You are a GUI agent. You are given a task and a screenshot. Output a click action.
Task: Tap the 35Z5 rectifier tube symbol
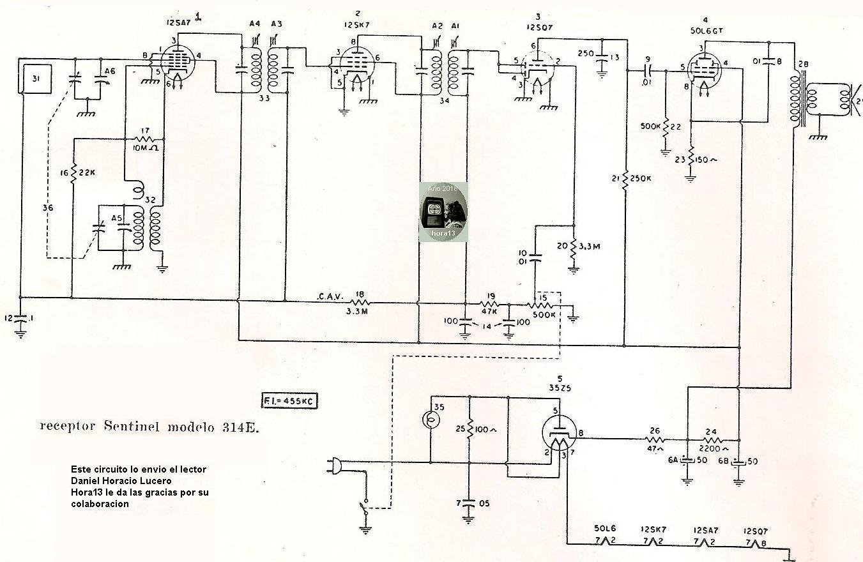pos(559,436)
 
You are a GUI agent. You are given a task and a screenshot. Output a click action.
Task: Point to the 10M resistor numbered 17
pos(144,139)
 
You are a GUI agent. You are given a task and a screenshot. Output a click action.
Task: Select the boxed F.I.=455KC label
pos(289,400)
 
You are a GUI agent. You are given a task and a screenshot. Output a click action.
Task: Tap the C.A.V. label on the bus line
pos(330,296)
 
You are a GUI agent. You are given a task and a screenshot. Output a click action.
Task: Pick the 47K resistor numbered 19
pos(491,304)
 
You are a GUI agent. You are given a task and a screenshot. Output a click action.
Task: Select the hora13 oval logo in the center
pos(443,212)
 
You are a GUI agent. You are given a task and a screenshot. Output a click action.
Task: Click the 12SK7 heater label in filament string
pos(653,530)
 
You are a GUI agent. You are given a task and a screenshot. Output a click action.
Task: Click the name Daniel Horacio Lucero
pos(121,480)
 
